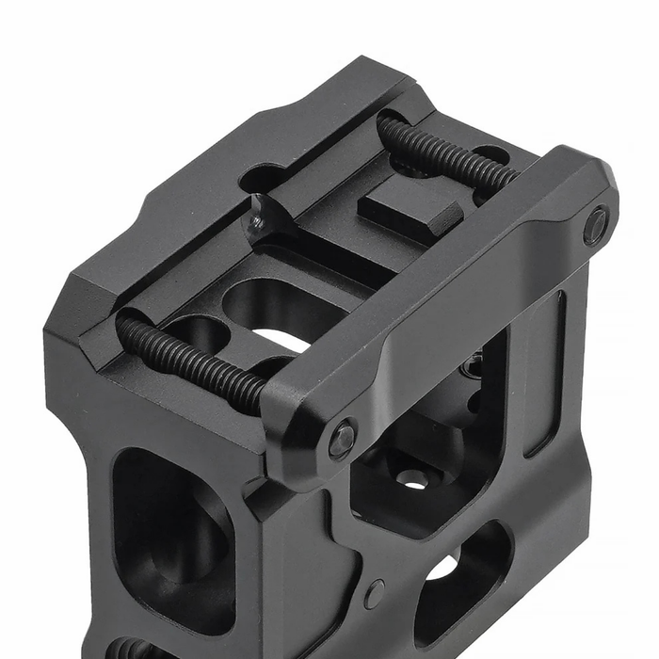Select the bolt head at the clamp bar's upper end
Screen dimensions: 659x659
click(x=595, y=227)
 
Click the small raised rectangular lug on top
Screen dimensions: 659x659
click(x=410, y=208)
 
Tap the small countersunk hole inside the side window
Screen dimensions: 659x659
click(x=412, y=478)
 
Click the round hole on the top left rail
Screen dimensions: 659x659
click(x=262, y=177)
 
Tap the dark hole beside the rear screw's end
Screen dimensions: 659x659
click(x=490, y=153)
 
